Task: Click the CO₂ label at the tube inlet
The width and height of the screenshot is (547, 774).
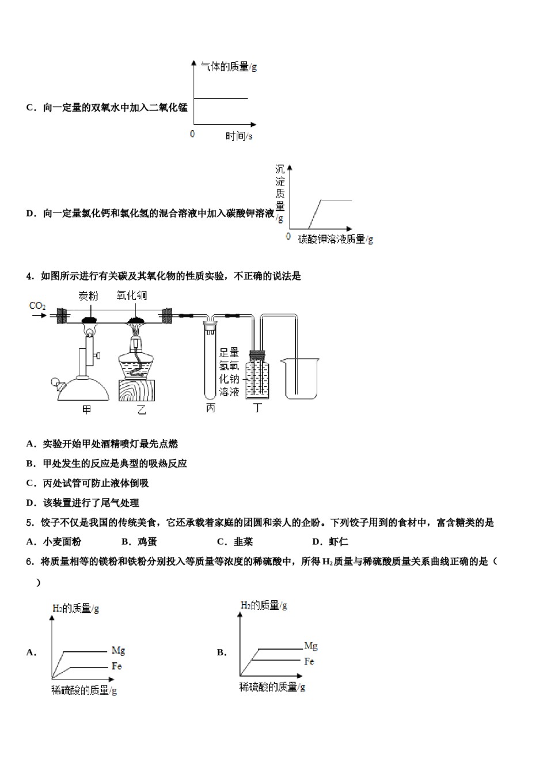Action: [x=37, y=306]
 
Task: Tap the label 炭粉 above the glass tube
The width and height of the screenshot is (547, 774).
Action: [x=88, y=296]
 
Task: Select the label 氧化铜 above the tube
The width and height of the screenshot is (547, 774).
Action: [x=131, y=295]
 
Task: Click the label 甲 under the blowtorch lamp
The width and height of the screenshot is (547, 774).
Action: [x=87, y=409]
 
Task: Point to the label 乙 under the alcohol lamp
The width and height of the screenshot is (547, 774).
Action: [x=141, y=409]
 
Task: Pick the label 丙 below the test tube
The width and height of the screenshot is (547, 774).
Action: [x=210, y=408]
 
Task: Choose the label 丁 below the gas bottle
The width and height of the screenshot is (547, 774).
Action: [x=257, y=408]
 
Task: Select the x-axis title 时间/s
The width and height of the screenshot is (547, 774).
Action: [x=238, y=136]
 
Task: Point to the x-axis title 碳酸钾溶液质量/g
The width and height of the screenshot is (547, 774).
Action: [x=336, y=239]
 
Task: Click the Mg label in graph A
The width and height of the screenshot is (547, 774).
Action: [x=118, y=650]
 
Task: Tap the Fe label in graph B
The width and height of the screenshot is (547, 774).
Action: [x=309, y=661]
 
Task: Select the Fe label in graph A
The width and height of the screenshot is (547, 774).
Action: [x=117, y=666]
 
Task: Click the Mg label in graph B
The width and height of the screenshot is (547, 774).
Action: [x=311, y=646]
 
